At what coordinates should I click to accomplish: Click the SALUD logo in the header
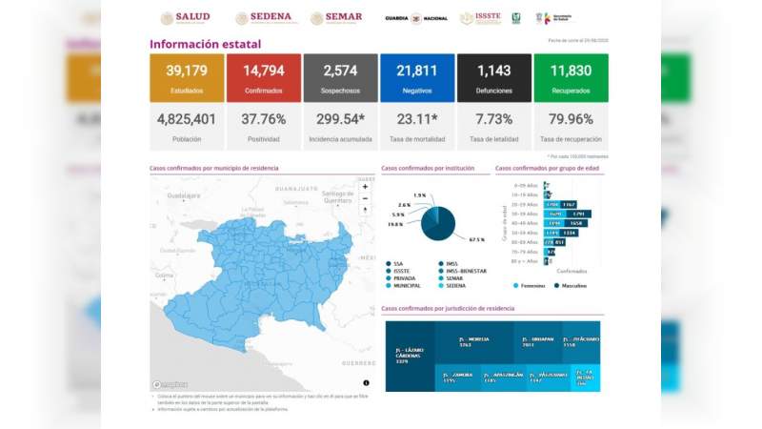point(185,18)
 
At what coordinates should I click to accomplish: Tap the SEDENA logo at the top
point(263,18)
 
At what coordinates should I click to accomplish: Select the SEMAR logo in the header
point(336,18)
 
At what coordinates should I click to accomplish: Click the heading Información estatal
point(205,44)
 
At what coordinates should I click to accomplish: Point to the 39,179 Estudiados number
point(187,71)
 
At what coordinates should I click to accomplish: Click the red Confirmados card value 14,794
point(263,71)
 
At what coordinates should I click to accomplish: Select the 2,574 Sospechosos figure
point(340,71)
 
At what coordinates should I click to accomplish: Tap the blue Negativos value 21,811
point(416,71)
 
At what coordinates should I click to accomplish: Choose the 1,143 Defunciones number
point(493,71)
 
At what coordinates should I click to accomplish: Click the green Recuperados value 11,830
point(571,71)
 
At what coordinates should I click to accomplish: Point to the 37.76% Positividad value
point(263,119)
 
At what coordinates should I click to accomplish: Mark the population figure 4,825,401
point(187,119)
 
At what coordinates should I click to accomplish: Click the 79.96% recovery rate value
point(571,119)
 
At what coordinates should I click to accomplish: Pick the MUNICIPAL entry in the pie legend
point(406,285)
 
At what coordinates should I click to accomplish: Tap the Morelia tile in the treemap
point(473,340)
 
